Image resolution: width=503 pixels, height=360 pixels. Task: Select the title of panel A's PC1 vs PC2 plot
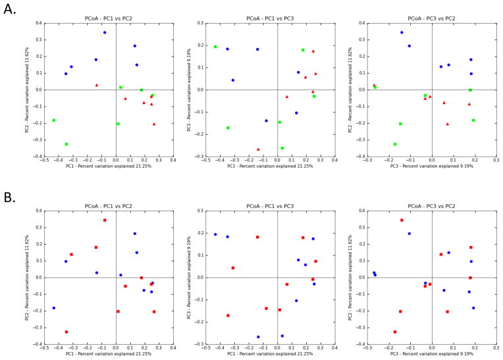pyautogui.click(x=109, y=18)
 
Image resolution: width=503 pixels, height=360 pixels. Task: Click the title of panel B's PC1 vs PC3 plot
pyautogui.click(x=270, y=206)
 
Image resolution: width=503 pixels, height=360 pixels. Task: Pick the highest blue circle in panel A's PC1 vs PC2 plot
pyautogui.click(x=104, y=32)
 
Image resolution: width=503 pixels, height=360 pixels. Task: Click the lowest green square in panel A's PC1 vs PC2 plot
pyautogui.click(x=66, y=144)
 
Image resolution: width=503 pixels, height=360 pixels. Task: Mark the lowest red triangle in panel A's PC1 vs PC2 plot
pyautogui.click(x=154, y=124)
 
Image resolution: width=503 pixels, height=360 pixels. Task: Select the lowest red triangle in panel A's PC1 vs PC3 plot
pyautogui.click(x=258, y=149)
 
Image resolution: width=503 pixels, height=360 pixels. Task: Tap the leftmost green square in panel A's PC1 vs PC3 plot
pyautogui.click(x=215, y=47)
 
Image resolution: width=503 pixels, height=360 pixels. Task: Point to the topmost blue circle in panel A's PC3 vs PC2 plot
pyautogui.click(x=402, y=32)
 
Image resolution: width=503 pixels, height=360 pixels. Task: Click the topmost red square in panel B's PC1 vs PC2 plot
pyautogui.click(x=104, y=220)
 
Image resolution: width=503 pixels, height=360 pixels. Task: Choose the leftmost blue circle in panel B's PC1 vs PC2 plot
pyautogui.click(x=54, y=308)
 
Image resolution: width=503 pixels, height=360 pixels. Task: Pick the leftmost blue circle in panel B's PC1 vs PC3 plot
pyautogui.click(x=215, y=234)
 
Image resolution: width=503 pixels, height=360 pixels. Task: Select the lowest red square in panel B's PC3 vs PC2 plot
pyautogui.click(x=395, y=332)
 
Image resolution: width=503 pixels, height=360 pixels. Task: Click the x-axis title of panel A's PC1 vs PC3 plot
pyautogui.click(x=270, y=167)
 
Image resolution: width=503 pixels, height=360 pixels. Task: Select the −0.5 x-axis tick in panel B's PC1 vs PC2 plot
pyautogui.click(x=44, y=348)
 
